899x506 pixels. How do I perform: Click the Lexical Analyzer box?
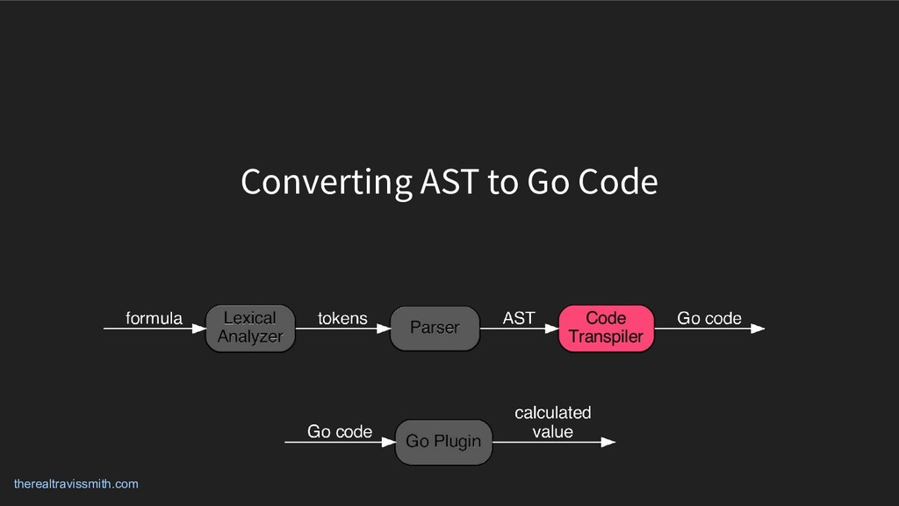(x=250, y=329)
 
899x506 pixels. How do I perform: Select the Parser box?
(x=435, y=329)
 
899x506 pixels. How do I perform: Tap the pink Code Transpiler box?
(x=606, y=329)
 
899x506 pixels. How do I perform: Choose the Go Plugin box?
(x=443, y=442)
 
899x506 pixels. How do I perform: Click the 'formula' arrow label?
(x=155, y=318)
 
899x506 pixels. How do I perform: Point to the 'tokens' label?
(x=342, y=318)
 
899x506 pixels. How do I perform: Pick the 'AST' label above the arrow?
(x=519, y=318)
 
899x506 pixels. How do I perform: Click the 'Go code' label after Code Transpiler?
(x=709, y=318)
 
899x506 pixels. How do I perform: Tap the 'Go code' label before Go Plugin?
(x=340, y=431)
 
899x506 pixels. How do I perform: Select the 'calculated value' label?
(x=553, y=422)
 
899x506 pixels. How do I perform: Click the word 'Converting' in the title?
(x=326, y=183)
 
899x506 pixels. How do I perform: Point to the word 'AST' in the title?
(x=449, y=182)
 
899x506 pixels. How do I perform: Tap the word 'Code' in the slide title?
(x=617, y=182)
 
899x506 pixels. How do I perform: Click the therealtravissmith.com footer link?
(x=76, y=484)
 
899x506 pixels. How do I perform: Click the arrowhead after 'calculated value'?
(x=608, y=443)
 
